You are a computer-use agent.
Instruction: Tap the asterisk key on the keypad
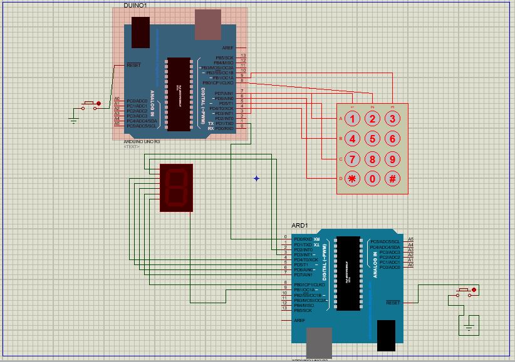click(x=353, y=178)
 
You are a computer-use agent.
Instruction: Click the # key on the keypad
click(x=392, y=178)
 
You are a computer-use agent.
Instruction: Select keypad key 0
click(x=373, y=178)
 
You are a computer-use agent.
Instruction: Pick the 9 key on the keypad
click(x=392, y=159)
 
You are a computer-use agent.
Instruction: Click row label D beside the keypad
click(x=341, y=179)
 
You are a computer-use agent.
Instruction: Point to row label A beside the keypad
click(x=341, y=119)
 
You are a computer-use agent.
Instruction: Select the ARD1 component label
click(x=299, y=225)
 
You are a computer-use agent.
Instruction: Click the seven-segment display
click(x=176, y=188)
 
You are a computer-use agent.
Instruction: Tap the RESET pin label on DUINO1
click(x=133, y=65)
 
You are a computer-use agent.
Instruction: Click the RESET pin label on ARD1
click(x=393, y=303)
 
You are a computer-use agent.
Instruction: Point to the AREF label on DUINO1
click(x=227, y=48)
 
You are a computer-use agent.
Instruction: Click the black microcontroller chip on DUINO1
click(x=178, y=95)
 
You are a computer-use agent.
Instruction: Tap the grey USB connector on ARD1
click(x=320, y=344)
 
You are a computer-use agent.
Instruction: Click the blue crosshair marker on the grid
click(x=256, y=178)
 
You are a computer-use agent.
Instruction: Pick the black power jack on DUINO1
click(x=140, y=33)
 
